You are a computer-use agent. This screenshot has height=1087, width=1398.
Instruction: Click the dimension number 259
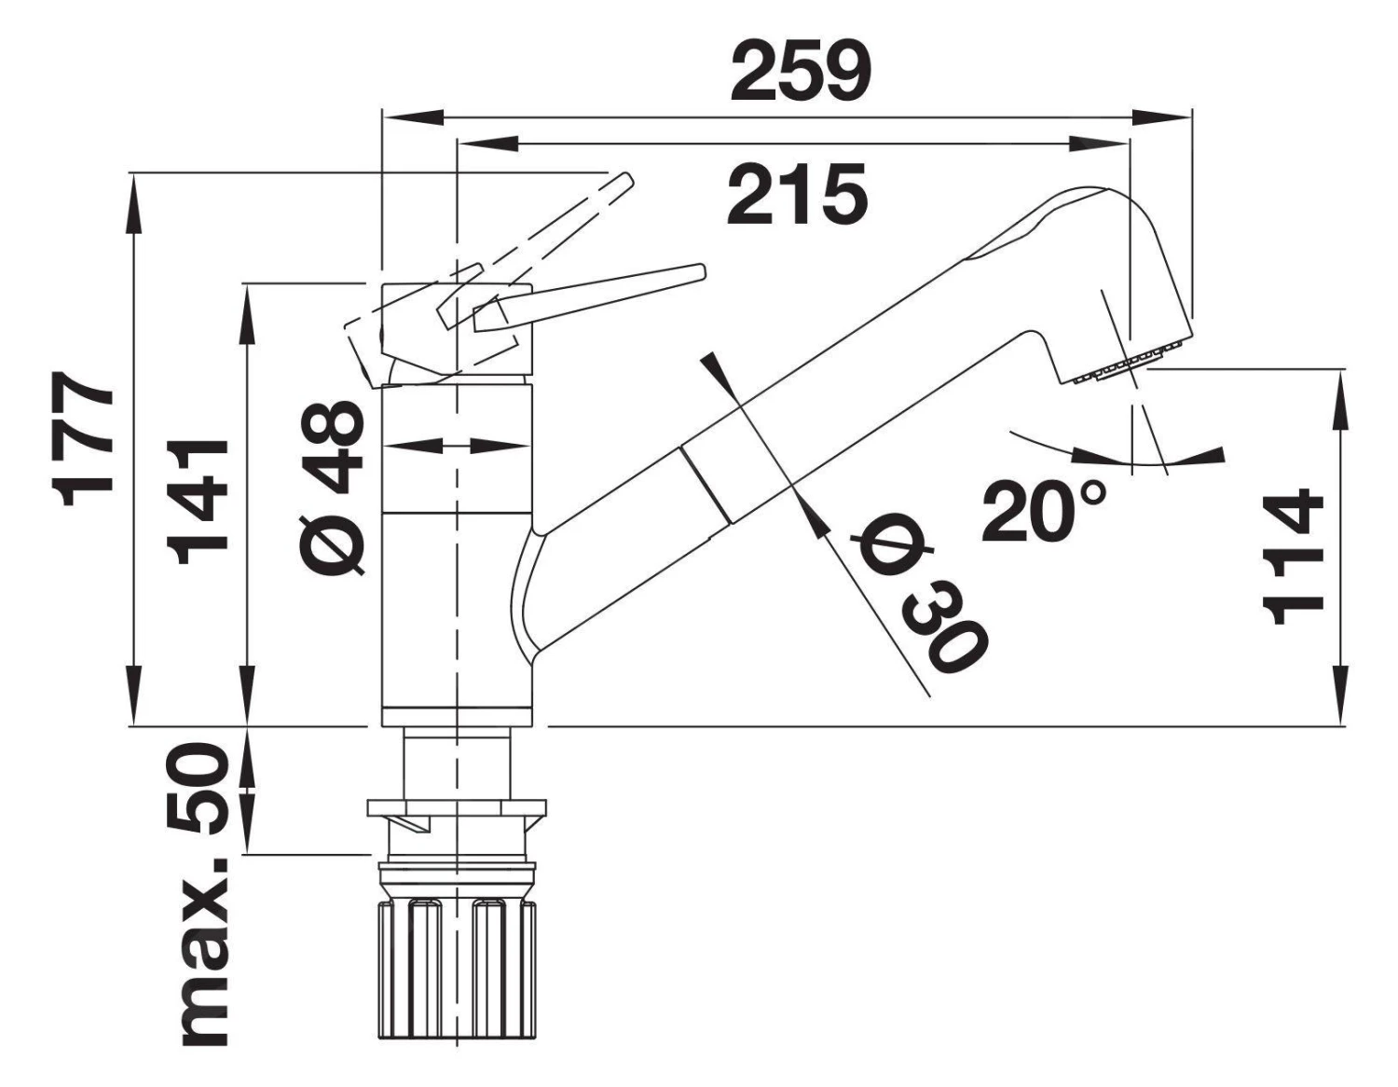801,72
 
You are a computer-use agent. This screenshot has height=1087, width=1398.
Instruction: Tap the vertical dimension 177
86,438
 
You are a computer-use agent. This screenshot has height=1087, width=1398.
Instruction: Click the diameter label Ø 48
333,487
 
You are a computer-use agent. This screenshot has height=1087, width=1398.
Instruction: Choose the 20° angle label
1044,511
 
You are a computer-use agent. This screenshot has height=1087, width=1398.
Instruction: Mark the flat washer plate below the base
457,806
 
